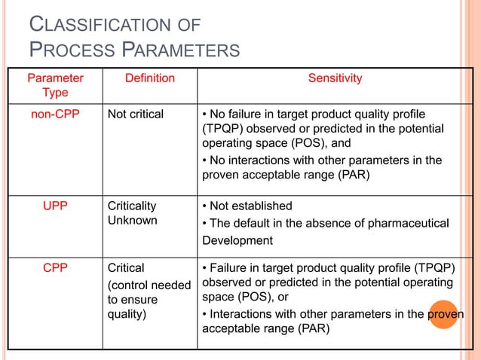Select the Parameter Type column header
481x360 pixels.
click(56, 85)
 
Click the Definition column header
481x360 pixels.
click(149, 78)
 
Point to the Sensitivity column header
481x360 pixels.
click(335, 78)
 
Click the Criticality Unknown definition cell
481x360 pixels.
click(133, 213)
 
